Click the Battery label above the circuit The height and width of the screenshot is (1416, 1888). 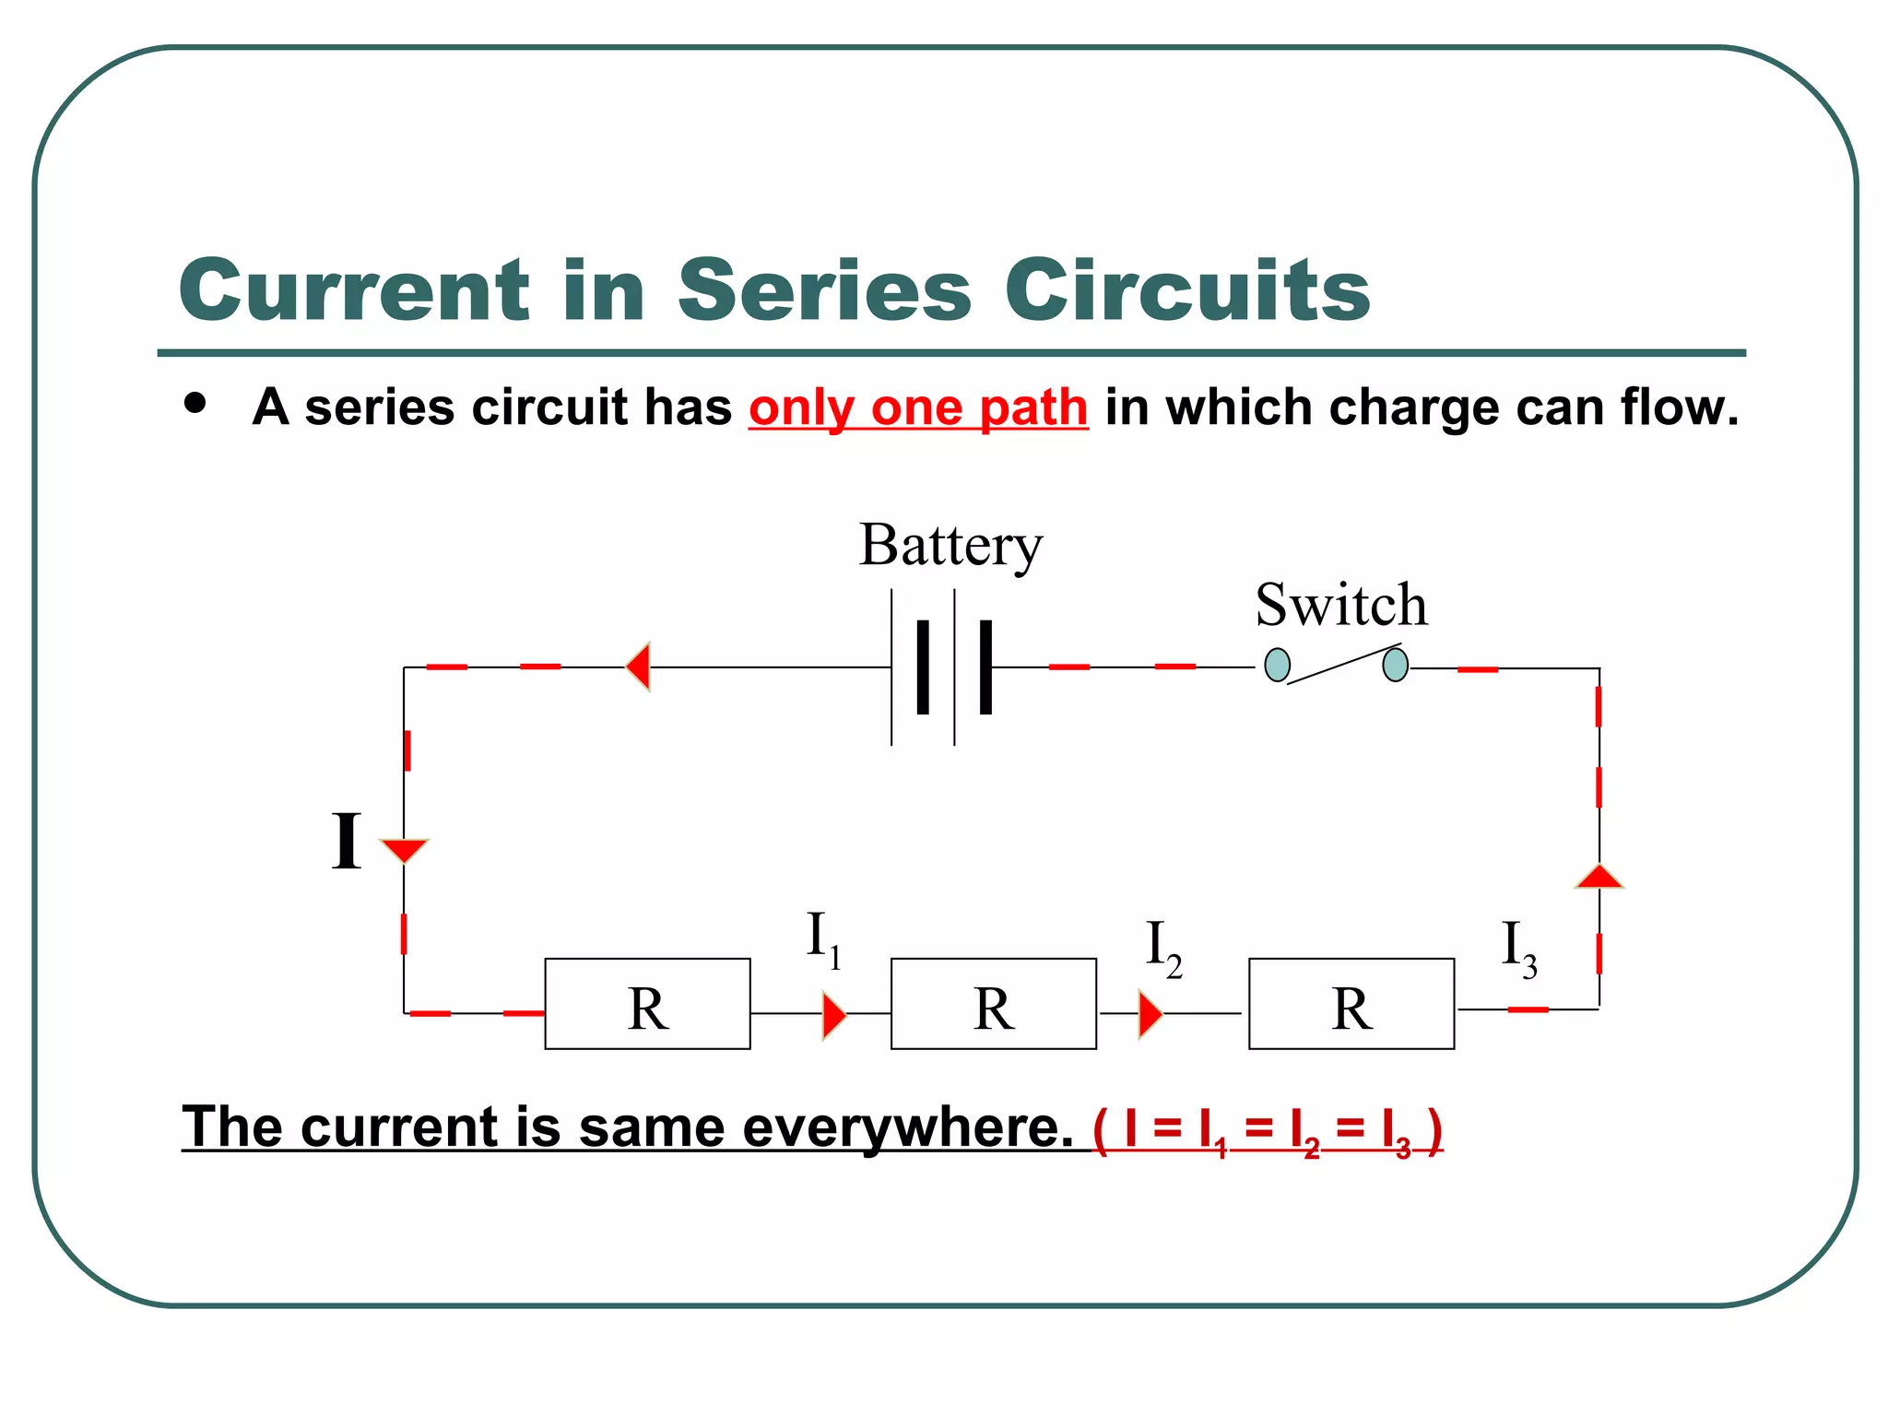click(950, 546)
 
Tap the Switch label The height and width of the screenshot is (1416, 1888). click(1341, 606)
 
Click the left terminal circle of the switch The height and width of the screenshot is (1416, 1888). click(1277, 665)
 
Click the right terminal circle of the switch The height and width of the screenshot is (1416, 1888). click(1396, 665)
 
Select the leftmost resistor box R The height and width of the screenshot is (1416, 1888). click(647, 1004)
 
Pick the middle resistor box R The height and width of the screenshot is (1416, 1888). click(994, 1004)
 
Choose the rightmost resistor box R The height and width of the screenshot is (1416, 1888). click(1351, 1004)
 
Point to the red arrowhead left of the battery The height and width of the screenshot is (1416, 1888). click(639, 667)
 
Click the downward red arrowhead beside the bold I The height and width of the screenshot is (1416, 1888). click(404, 849)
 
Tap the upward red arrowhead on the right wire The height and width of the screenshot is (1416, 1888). click(1599, 877)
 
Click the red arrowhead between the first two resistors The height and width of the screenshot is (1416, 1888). click(833, 1015)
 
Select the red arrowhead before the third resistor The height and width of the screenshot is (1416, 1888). click(1150, 1015)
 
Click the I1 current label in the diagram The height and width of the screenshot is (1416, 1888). click(823, 939)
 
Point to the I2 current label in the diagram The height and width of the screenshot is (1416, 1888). click(1163, 948)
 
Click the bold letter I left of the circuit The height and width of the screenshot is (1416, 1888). click(347, 841)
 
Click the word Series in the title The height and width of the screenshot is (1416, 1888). click(825, 290)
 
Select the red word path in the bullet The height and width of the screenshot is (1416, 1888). click(1033, 407)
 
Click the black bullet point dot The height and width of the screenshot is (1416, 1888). click(195, 403)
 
